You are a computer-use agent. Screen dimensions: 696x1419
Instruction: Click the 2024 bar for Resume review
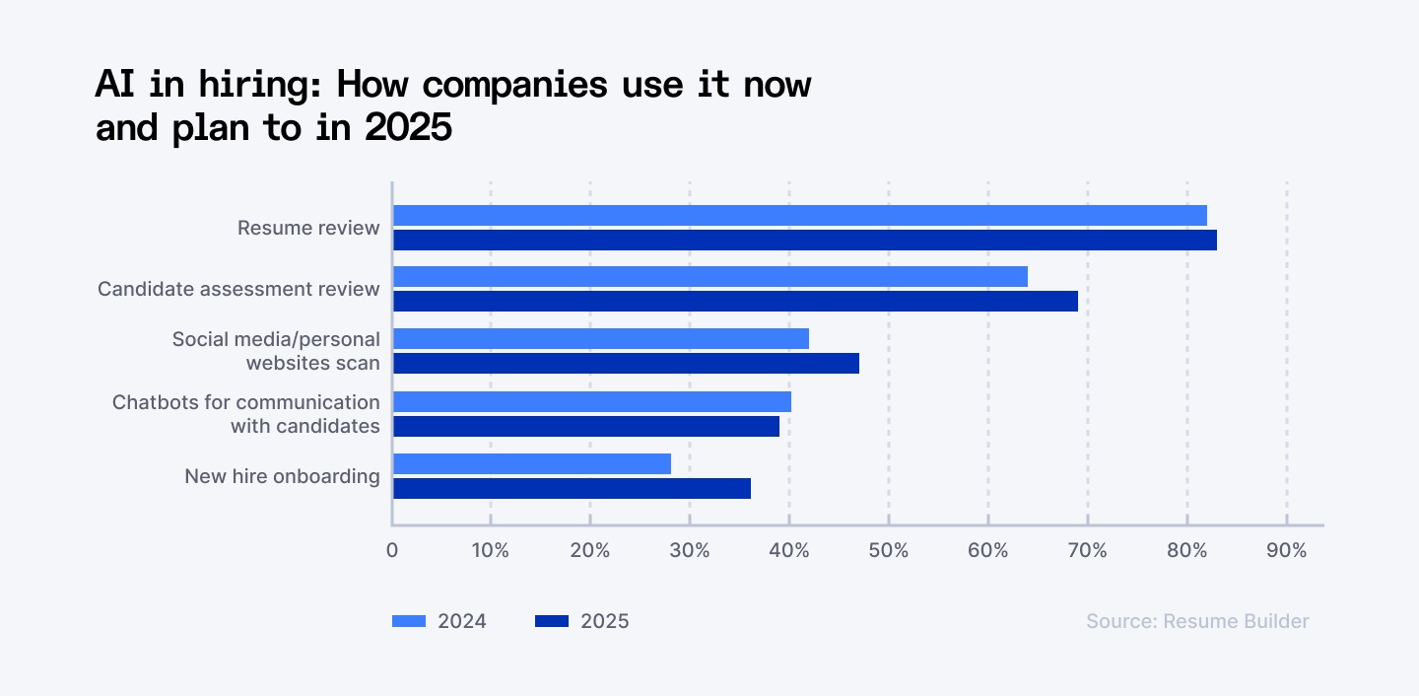tap(799, 215)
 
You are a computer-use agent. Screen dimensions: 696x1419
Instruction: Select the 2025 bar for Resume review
tap(804, 240)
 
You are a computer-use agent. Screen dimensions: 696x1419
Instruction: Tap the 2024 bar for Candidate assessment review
tap(709, 277)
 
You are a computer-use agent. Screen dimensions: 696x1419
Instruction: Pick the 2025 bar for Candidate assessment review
tap(735, 302)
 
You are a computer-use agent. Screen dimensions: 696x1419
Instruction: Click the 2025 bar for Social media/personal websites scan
tap(626, 364)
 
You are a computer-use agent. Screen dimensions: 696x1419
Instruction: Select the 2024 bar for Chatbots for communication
tap(591, 401)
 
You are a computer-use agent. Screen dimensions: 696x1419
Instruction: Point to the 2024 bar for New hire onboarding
tap(531, 463)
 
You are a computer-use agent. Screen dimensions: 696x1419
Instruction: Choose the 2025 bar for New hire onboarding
tap(572, 488)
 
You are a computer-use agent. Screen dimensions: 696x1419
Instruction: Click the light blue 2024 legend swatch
tap(409, 621)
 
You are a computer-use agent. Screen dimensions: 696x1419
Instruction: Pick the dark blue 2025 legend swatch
tap(552, 621)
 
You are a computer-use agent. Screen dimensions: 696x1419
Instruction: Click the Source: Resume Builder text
tap(1197, 621)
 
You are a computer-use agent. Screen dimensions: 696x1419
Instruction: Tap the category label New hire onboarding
tap(282, 476)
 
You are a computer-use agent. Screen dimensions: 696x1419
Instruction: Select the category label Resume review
tap(308, 228)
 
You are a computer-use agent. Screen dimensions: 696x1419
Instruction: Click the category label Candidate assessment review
tap(238, 289)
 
